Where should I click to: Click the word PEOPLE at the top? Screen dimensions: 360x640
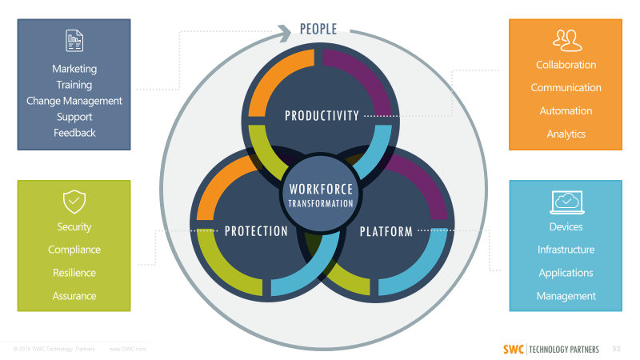[318, 30]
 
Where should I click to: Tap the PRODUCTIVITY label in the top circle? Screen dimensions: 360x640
[322, 116]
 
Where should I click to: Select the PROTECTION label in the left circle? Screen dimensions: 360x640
[256, 232]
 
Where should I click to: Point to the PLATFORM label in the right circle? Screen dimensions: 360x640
[386, 232]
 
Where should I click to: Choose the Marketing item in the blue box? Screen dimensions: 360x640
[74, 69]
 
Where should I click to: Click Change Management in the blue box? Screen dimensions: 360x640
[74, 101]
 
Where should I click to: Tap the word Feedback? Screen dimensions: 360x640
[74, 133]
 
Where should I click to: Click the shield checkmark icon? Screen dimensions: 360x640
[74, 200]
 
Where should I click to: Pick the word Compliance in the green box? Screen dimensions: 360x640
[74, 250]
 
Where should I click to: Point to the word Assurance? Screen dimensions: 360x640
[74, 296]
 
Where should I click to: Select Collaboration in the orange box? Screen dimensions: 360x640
[566, 65]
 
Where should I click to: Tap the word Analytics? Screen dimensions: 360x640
[566, 134]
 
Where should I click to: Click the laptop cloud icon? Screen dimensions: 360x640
[566, 201]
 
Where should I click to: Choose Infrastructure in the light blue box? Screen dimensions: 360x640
[566, 250]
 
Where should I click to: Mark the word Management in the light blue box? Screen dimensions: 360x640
[566, 296]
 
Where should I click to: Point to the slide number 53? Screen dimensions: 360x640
[616, 349]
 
